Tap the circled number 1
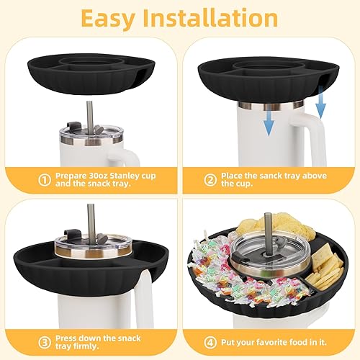click(x=45, y=180)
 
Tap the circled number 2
click(x=210, y=180)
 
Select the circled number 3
click(x=45, y=343)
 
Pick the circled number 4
click(x=210, y=343)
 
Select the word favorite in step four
click(x=271, y=342)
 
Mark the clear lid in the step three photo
click(x=91, y=243)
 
